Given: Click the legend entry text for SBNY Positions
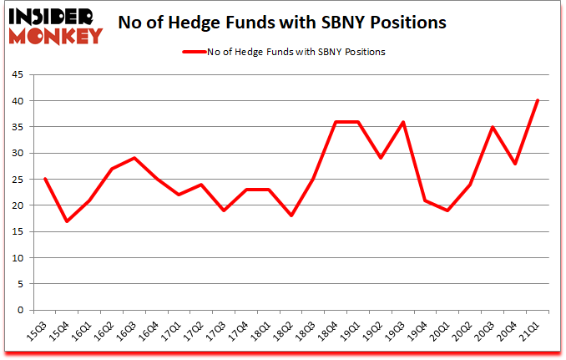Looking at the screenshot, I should click(307, 51).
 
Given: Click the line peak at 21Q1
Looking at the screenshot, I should click(538, 100).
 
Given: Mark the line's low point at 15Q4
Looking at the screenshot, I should click(68, 221).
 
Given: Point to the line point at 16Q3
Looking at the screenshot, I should click(134, 158).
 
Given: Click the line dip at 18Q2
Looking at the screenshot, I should click(291, 215).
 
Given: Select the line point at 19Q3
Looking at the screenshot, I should click(403, 122).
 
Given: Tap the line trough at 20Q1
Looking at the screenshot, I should click(448, 210).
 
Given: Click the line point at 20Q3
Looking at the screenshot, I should click(493, 127).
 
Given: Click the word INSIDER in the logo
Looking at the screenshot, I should click(56, 17).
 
